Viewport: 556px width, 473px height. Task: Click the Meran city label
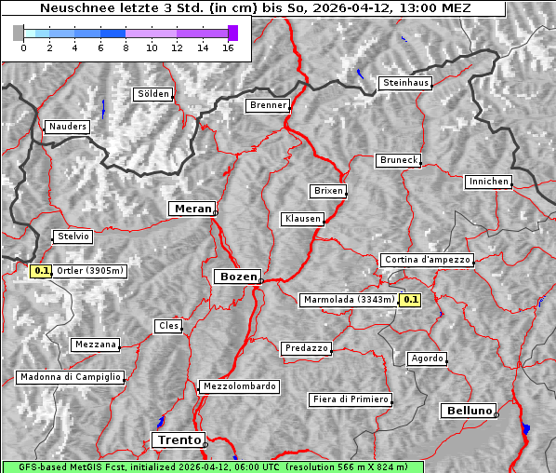[192, 209]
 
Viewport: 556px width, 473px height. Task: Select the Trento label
[177, 439]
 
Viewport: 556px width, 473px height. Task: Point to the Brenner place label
[268, 105]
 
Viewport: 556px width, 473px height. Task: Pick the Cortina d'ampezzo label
[427, 260]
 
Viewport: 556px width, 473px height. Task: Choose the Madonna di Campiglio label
[70, 377]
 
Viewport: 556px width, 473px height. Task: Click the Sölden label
[153, 94]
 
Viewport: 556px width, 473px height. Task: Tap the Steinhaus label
[405, 83]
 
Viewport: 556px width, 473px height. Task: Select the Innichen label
[488, 182]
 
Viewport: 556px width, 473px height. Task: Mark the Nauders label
[67, 127]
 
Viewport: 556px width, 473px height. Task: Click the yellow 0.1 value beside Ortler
[40, 271]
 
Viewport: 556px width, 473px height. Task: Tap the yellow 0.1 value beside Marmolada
[410, 300]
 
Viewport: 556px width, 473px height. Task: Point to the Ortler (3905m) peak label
[90, 271]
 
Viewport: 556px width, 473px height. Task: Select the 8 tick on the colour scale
[126, 47]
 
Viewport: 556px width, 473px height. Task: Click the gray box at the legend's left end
[19, 33]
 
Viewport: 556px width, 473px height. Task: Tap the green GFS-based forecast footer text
[212, 466]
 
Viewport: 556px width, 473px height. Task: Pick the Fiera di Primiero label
[350, 399]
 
